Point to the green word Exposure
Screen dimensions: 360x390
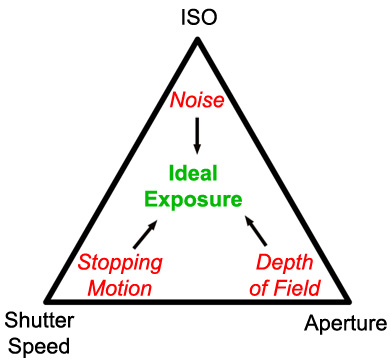click(x=194, y=199)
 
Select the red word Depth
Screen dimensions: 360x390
click(x=287, y=264)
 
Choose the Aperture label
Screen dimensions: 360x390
click(x=345, y=324)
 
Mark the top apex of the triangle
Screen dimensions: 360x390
click(x=197, y=37)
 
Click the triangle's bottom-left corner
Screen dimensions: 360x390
click(x=44, y=300)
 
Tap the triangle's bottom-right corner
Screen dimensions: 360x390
click(x=352, y=300)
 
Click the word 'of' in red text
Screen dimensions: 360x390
click(x=265, y=289)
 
